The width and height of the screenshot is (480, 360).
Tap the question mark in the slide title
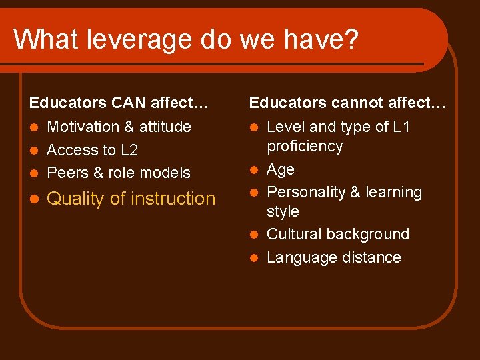click(351, 39)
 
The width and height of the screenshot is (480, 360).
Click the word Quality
click(74, 199)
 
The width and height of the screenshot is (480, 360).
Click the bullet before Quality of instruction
click(33, 199)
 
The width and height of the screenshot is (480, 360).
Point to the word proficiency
click(305, 146)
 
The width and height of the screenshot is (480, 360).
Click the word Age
click(280, 169)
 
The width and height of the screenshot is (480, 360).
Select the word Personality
click(306, 192)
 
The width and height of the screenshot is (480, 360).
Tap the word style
click(283, 211)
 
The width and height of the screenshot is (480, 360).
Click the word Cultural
click(295, 234)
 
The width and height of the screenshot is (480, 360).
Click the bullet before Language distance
click(254, 258)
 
